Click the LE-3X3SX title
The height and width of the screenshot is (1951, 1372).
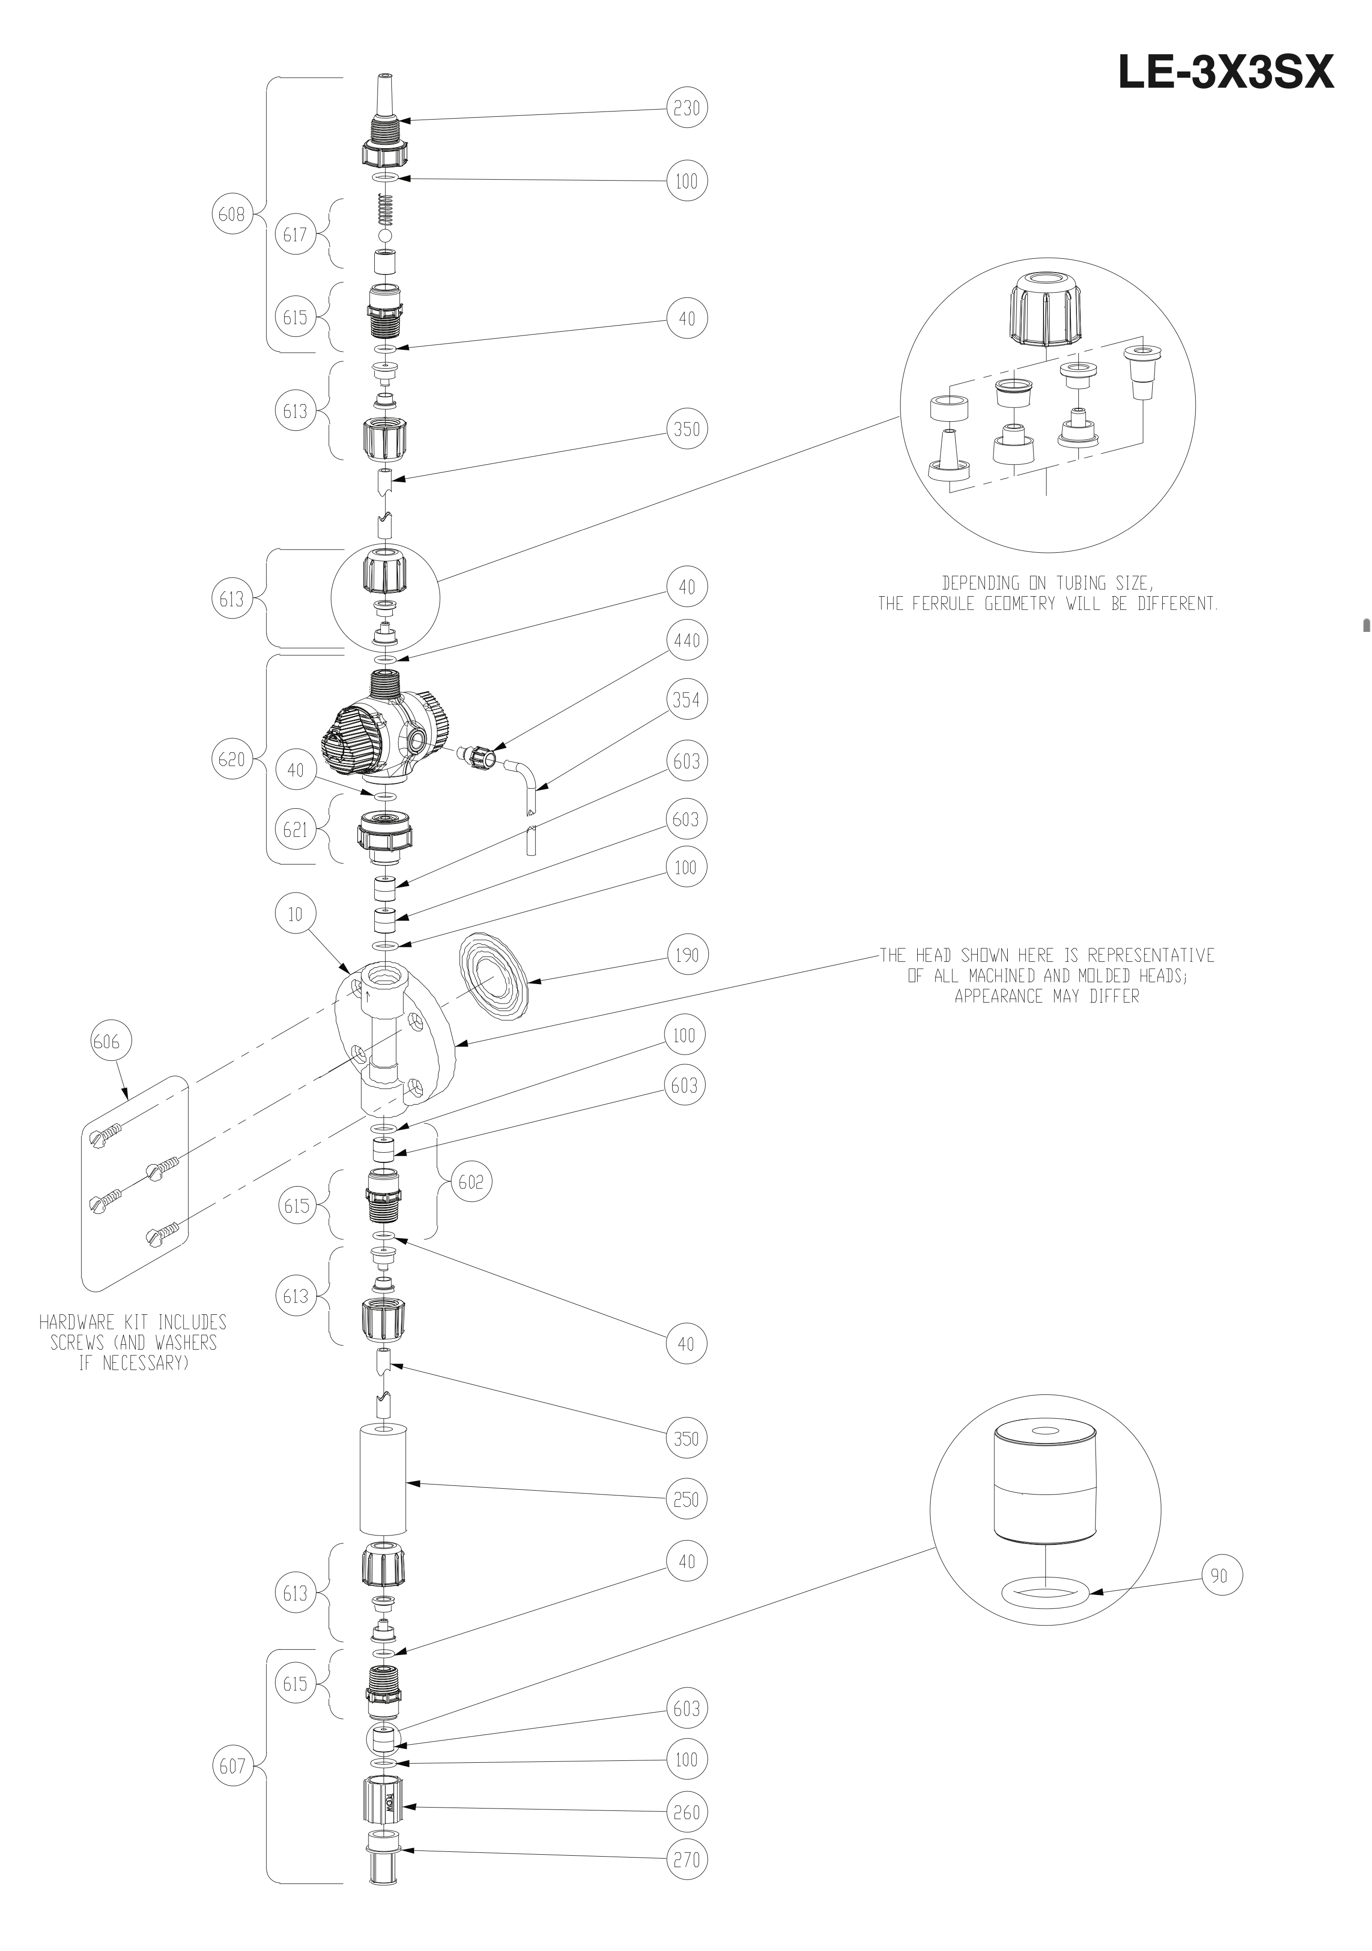coord(1225,73)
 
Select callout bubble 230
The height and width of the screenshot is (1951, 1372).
coord(686,108)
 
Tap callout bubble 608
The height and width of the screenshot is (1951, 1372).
coord(231,214)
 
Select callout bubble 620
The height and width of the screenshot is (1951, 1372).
coord(231,759)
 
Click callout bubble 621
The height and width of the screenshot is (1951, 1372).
coord(295,829)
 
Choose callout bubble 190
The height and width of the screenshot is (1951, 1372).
coord(686,955)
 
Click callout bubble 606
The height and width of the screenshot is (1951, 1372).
coord(106,1041)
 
